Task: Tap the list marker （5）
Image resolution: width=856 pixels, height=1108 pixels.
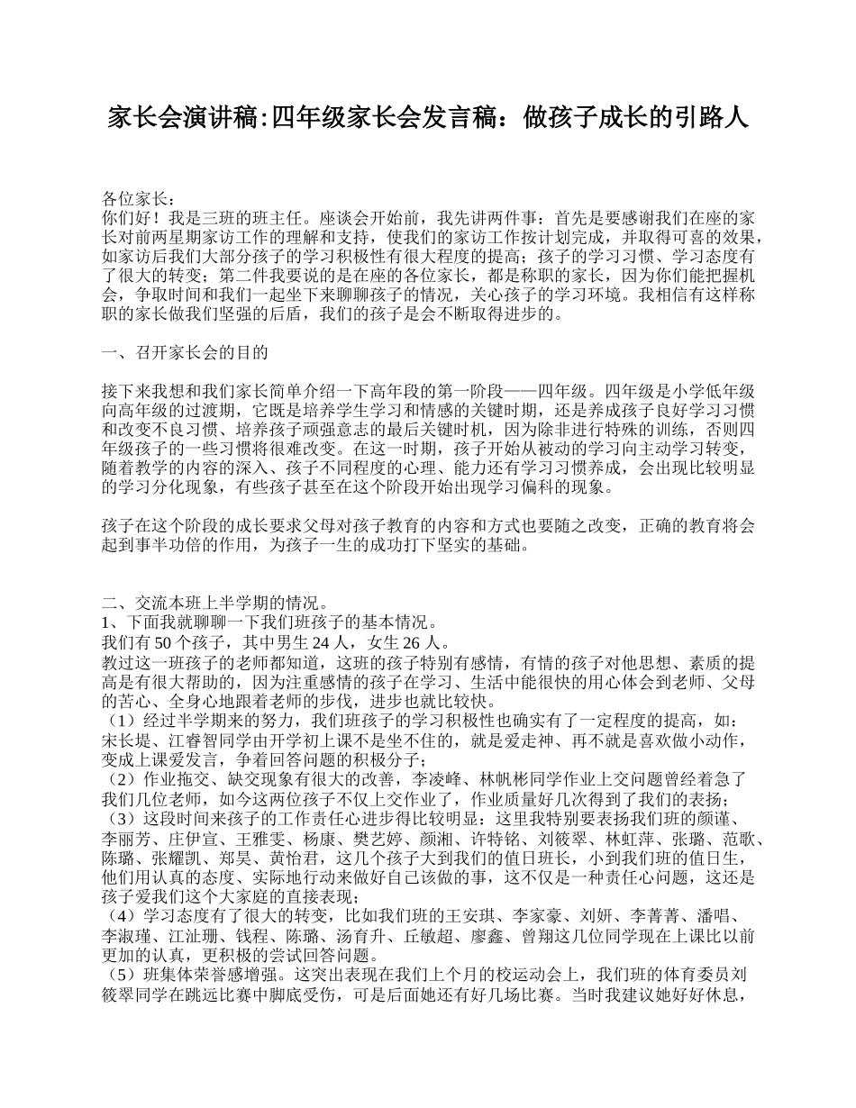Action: coord(123,974)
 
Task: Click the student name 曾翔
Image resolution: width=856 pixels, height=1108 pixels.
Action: coord(538,935)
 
